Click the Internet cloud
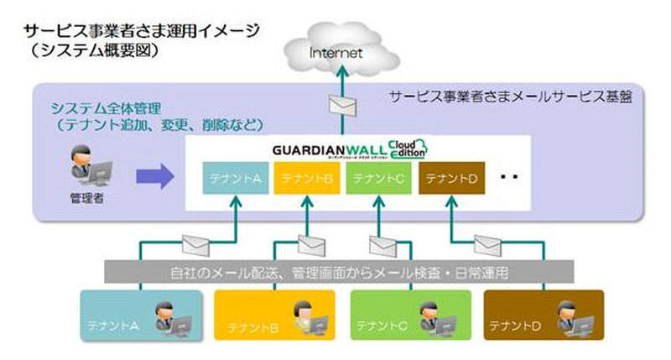point(335,52)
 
